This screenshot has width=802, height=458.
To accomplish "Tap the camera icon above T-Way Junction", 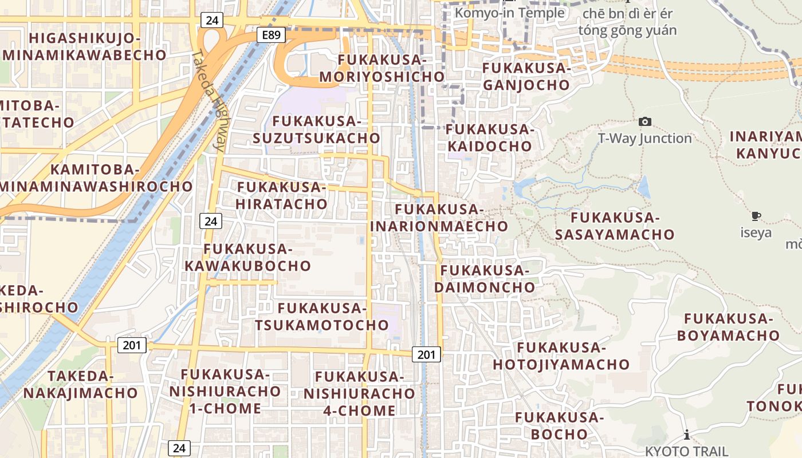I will pos(645,121).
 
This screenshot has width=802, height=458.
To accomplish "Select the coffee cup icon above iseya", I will pos(756,216).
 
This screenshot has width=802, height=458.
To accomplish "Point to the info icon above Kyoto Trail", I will pos(686,435).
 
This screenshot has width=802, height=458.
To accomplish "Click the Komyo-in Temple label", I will pos(510,13).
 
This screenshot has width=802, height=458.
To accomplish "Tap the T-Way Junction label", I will pos(645,138).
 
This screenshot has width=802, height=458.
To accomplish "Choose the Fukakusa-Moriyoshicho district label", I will pos(382,68).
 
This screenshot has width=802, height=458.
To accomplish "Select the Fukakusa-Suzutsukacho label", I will pos(316,130).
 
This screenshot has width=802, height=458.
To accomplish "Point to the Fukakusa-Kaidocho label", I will pos(489,138).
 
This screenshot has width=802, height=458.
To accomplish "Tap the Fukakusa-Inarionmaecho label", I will pos(439,218).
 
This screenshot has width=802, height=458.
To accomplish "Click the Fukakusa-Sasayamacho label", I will pos(615,226).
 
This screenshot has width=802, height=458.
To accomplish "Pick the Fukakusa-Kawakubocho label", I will pos(247,257).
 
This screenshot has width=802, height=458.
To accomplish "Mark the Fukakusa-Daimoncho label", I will pos(485,278).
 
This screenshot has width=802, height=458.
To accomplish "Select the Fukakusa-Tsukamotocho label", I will pos(322,317).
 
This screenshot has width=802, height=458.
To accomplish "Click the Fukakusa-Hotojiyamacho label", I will pos(561,356).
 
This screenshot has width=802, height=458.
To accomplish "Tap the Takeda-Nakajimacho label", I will pos(81,385).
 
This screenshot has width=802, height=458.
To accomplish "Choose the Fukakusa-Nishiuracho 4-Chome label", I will pos(359,394).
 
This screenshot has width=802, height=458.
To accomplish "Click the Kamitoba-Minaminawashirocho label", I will pos(95,178).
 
